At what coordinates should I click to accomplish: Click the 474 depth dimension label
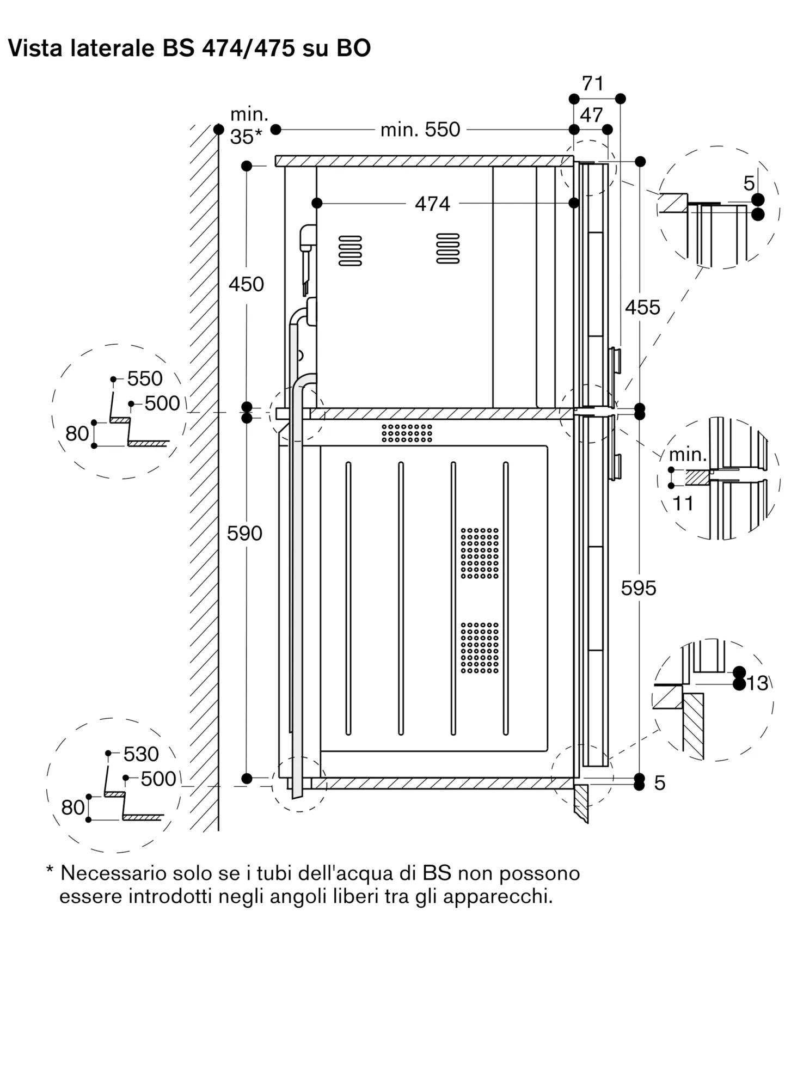coord(432,204)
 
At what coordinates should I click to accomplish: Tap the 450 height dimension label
coord(246,284)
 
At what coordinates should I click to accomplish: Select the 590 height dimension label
coord(244,533)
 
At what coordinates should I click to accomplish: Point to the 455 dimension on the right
coord(642,308)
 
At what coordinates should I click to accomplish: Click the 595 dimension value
coord(639,588)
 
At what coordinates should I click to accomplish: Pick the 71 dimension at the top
coord(593,84)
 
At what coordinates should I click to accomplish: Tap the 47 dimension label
coord(591,115)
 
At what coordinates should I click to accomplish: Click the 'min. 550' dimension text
coord(420,130)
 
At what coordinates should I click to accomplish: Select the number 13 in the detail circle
coord(757,683)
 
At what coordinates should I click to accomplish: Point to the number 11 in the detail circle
coord(683,504)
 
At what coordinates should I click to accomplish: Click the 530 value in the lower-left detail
coord(141,754)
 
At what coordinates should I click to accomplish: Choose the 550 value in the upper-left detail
coord(145,379)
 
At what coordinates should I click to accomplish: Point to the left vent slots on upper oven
coord(350,251)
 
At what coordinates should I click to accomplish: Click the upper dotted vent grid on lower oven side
coord(480,553)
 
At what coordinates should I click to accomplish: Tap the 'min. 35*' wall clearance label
coord(248,126)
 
